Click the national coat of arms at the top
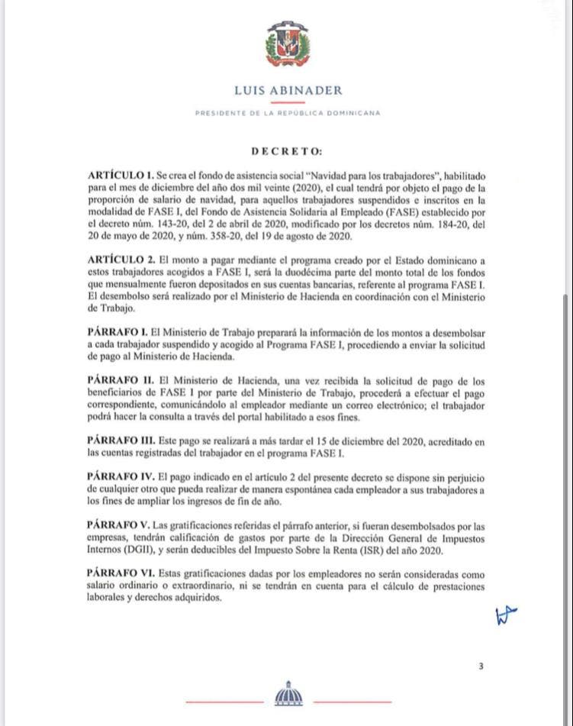[x=288, y=44]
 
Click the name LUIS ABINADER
[x=288, y=90]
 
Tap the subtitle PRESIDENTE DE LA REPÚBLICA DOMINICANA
[x=288, y=113]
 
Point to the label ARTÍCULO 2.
[x=121, y=260]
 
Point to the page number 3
[x=481, y=666]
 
